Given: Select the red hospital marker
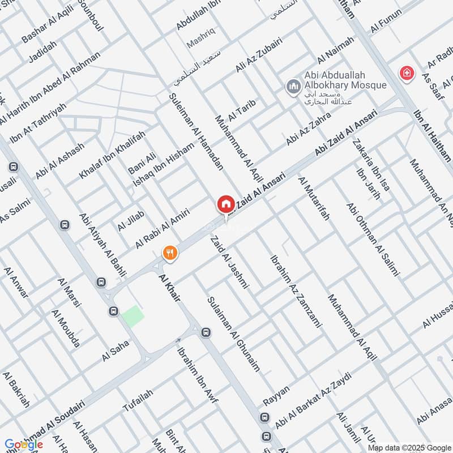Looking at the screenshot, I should coord(406,73).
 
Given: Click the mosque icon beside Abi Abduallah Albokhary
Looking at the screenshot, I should coord(293,86).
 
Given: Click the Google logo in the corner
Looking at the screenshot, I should coord(23,445).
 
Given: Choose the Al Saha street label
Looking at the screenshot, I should coord(116,350).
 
